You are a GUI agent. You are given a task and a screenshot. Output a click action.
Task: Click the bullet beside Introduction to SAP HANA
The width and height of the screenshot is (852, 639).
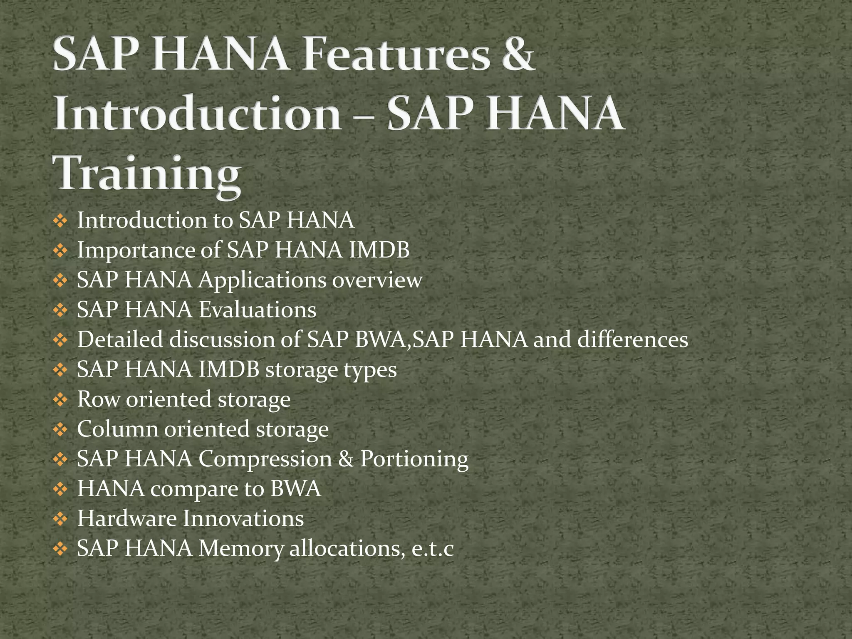pyautogui.click(x=60, y=221)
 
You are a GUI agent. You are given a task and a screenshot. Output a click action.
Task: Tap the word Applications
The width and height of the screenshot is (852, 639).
pyautogui.click(x=262, y=280)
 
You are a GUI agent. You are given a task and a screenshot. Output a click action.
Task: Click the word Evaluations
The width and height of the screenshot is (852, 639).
pyautogui.click(x=257, y=310)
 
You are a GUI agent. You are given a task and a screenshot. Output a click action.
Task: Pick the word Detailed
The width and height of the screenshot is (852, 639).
pyautogui.click(x=120, y=339)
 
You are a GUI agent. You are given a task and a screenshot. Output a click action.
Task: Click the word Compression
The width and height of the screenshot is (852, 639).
pyautogui.click(x=265, y=459)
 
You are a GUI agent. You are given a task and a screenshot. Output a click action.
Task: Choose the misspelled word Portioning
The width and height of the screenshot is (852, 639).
pyautogui.click(x=414, y=459)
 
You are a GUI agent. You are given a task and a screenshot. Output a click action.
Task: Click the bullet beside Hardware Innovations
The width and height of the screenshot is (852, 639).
pyautogui.click(x=60, y=519)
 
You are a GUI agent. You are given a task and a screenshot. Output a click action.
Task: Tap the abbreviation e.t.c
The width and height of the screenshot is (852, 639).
pyautogui.click(x=432, y=549)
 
